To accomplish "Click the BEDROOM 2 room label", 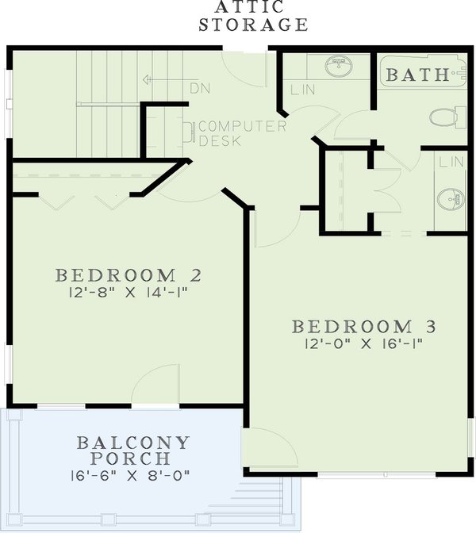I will [128, 276].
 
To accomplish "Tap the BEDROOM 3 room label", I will [364, 327].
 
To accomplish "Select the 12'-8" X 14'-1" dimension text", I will [128, 293].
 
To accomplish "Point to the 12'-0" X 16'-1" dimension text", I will [364, 344].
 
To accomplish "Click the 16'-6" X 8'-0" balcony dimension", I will [133, 476].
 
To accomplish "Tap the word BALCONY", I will [133, 442].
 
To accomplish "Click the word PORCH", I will [133, 458].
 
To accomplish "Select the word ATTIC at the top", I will [252, 7].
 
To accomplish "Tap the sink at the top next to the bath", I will [340, 64].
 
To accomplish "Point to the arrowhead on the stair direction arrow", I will [147, 80].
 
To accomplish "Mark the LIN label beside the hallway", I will [303, 90].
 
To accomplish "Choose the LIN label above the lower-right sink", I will [451, 161].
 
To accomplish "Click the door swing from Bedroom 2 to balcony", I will [151, 386].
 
